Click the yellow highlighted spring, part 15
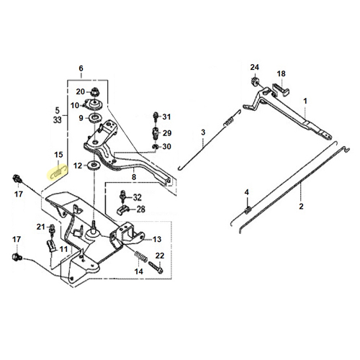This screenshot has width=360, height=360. point(58,172)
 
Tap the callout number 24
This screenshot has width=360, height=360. point(254,67)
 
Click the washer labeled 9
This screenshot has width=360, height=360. point(96,118)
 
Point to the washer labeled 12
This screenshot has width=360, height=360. point(94,166)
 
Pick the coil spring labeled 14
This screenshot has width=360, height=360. point(141,256)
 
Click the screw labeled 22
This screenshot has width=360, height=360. point(156,267)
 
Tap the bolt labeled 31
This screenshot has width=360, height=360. point(156,117)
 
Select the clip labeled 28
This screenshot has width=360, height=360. point(123,210)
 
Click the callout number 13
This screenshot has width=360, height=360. point(157,239)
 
